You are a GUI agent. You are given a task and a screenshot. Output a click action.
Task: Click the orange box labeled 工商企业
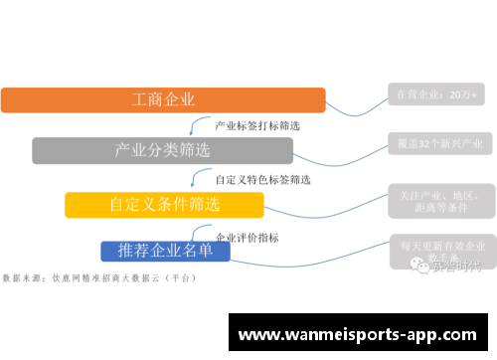coord(163,99)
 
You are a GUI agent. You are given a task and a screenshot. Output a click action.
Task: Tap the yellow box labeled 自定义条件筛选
coord(164,205)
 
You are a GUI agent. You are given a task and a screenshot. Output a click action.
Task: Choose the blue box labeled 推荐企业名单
coord(165,250)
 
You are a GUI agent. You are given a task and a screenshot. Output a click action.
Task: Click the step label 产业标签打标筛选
coord(257,126)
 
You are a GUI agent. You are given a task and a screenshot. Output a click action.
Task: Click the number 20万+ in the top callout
coord(463,94)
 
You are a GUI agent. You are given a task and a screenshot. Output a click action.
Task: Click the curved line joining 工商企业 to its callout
coord(357,104)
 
